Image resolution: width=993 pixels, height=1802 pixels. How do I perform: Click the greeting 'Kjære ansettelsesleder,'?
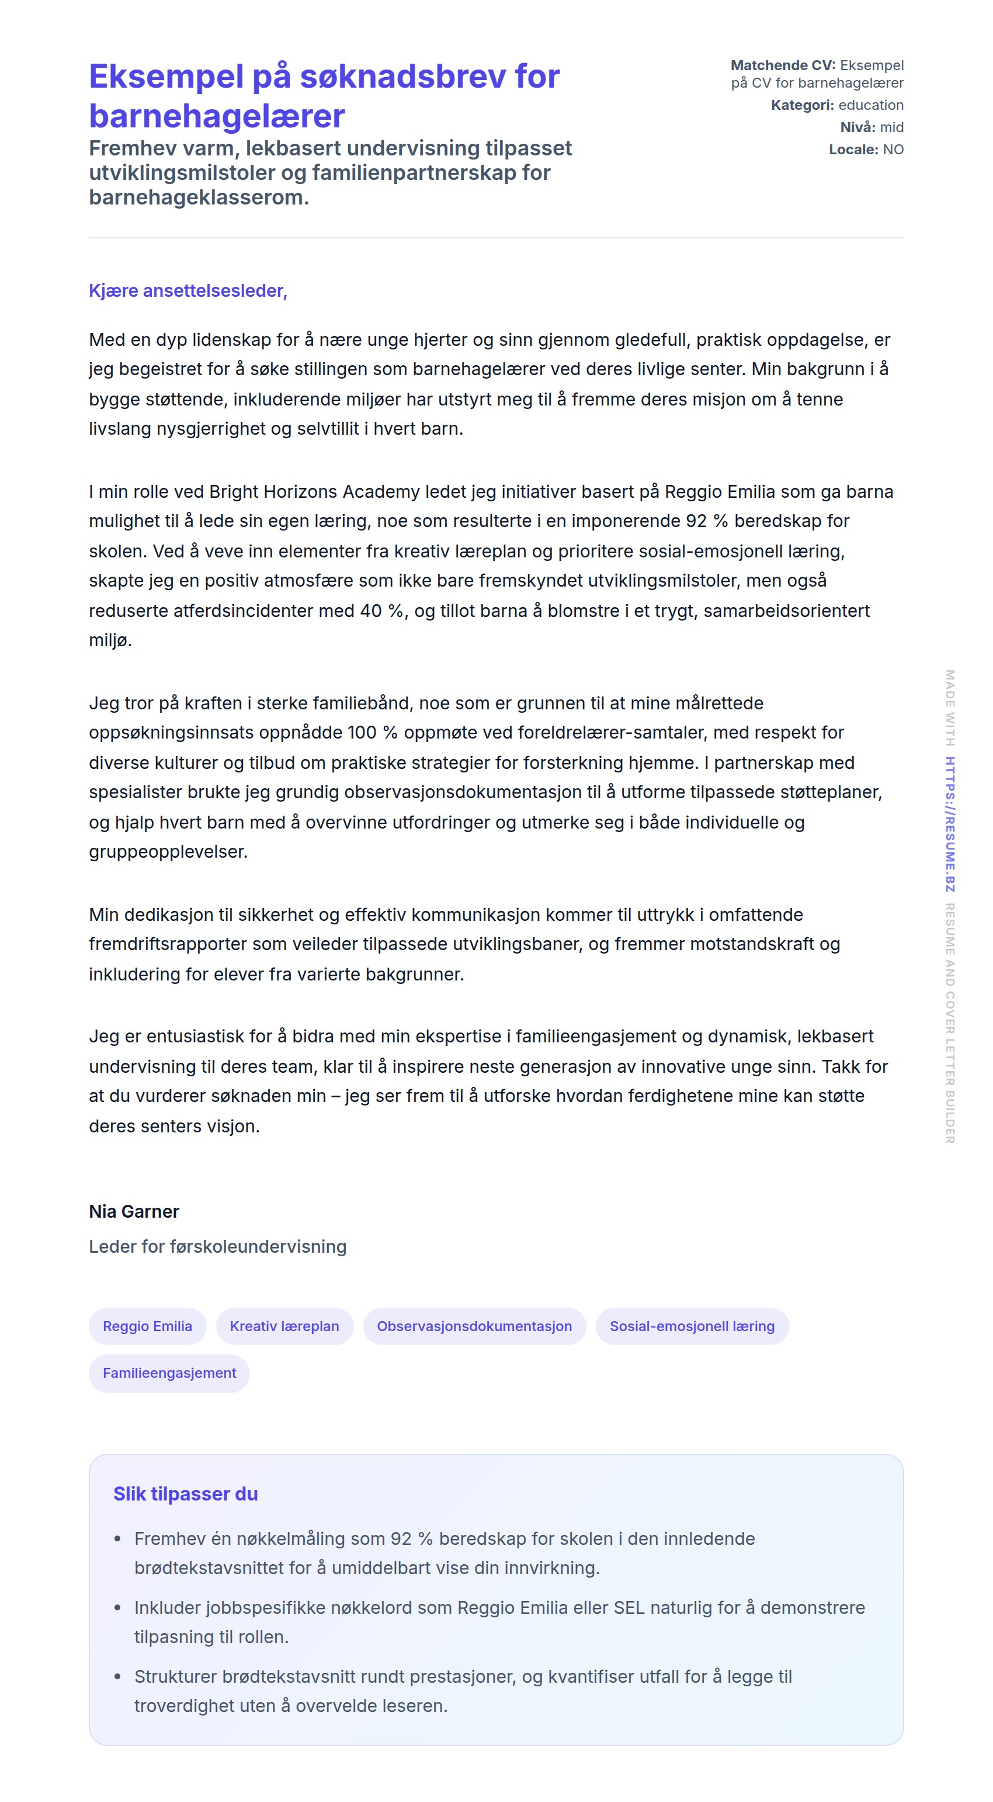(x=188, y=290)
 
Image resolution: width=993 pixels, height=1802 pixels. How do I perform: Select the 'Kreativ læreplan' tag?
(x=284, y=1326)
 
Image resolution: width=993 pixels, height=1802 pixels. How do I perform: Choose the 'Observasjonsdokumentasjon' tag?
(x=474, y=1326)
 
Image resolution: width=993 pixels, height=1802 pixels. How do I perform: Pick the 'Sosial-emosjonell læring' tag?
(x=692, y=1326)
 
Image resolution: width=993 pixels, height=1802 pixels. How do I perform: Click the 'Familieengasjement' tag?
(x=169, y=1373)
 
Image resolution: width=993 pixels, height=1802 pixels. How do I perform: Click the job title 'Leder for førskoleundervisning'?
(x=217, y=1246)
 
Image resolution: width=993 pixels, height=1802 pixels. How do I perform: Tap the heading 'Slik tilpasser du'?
(x=185, y=1493)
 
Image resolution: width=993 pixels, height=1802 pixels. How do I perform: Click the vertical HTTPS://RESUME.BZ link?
(x=950, y=824)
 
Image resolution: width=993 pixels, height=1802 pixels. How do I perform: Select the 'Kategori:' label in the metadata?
(x=802, y=105)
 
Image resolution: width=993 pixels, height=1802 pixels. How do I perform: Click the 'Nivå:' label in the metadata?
(x=857, y=127)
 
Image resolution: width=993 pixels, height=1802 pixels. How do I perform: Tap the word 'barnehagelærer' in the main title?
(x=217, y=116)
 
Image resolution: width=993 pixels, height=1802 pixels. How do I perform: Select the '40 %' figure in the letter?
(x=382, y=611)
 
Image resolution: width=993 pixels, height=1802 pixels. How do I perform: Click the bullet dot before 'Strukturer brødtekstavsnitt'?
(x=117, y=1677)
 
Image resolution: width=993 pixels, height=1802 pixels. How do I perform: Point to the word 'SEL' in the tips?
(x=629, y=1607)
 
